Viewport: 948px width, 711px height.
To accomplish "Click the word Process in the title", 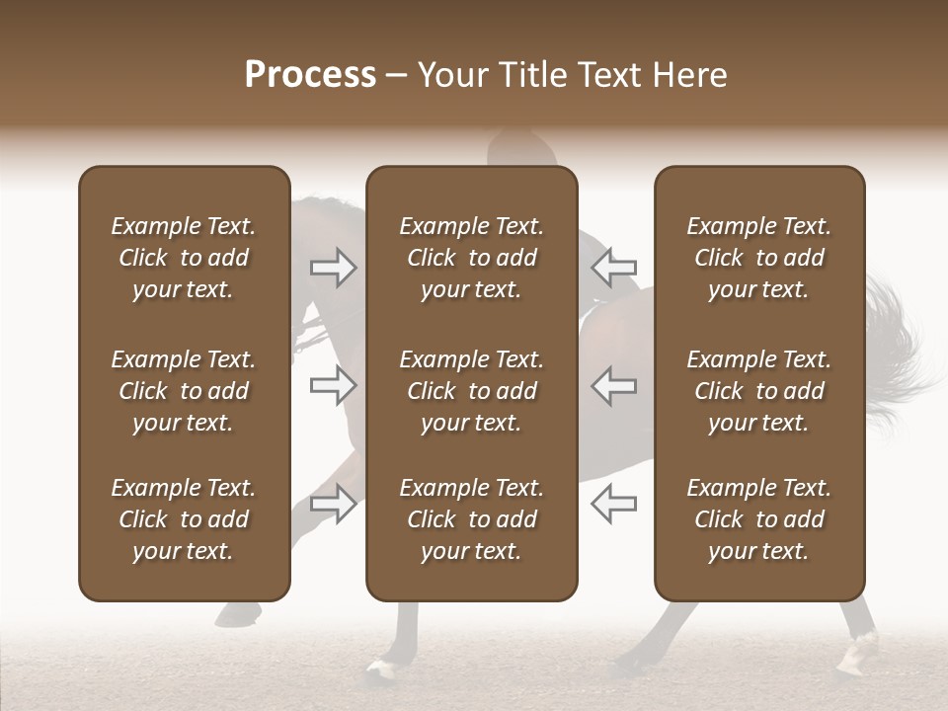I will pos(310,75).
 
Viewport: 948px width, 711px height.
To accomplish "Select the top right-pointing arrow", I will pos(334,268).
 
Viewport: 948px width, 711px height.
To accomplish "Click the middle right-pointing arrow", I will pos(334,386).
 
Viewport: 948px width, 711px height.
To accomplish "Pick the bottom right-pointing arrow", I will pos(334,504).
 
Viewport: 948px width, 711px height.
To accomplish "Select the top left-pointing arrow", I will pos(614,268).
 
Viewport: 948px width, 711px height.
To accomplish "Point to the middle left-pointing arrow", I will pos(614,386).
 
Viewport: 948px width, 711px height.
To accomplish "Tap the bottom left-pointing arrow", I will pos(614,504).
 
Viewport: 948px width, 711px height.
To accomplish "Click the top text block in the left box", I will pos(184,258).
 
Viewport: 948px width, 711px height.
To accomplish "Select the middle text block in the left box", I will pos(184,391).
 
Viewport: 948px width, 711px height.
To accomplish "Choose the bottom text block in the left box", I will pos(184,519).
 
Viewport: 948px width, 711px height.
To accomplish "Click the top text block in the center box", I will pos(471,258).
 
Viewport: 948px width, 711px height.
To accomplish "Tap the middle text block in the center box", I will pos(471,391).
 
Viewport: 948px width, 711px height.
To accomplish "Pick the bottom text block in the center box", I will pos(471,519).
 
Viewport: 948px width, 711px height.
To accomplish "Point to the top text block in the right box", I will pos(758,258).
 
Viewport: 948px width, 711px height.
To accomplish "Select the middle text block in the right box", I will pos(758,391).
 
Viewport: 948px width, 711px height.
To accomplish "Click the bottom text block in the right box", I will pos(758,519).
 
